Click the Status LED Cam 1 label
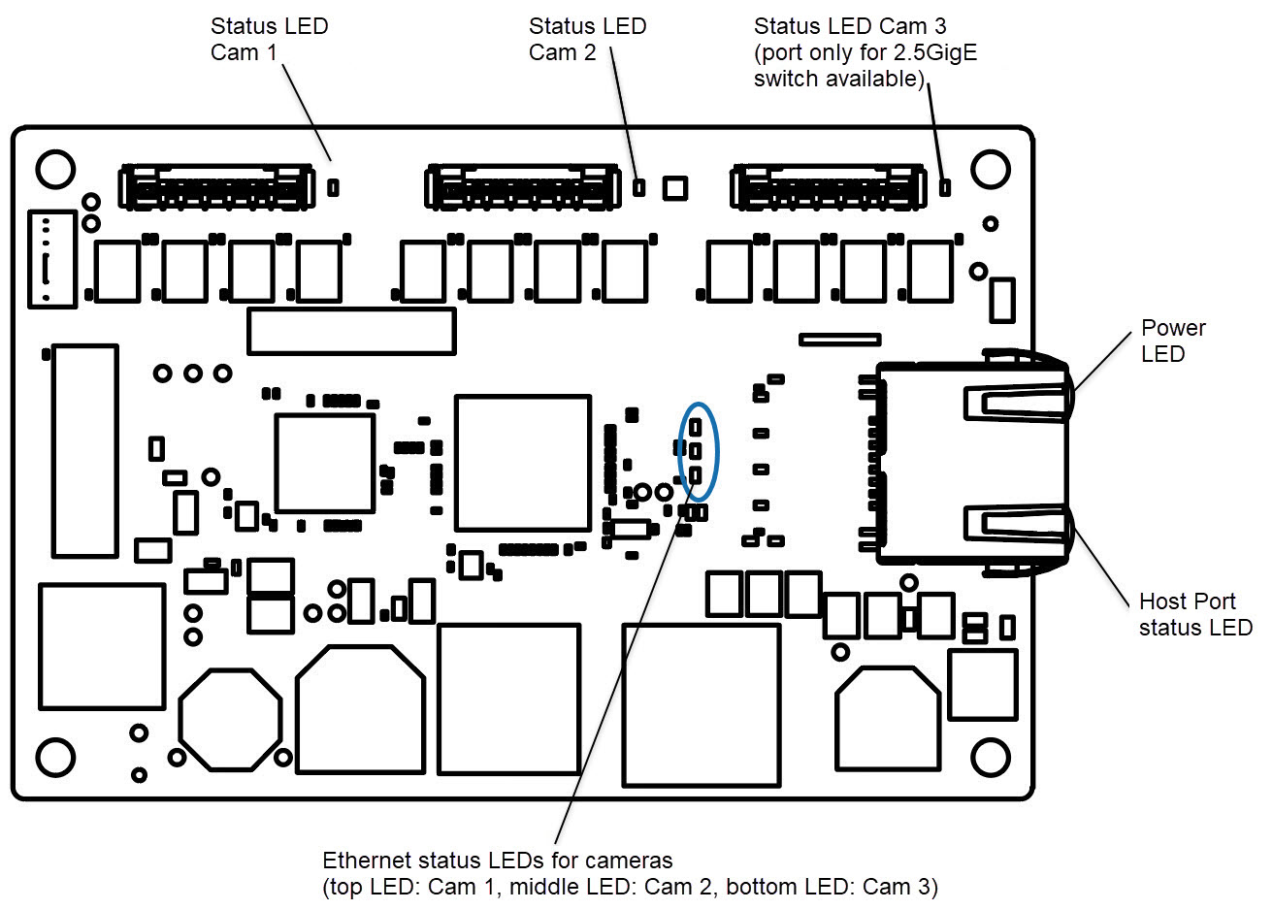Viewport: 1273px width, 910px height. tap(269, 39)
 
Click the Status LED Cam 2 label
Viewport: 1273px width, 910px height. tap(587, 39)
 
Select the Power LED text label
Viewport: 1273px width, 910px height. tap(1172, 341)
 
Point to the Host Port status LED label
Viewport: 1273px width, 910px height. tap(1194, 615)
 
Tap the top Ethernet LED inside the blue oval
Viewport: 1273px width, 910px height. tap(697, 426)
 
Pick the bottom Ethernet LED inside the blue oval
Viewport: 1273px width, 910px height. tap(696, 475)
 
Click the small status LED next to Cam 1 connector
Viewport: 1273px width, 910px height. tap(333, 186)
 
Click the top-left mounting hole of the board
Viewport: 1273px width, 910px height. tap(55, 169)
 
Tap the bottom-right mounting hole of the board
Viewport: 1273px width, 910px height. tap(990, 757)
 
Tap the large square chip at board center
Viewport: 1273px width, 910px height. tap(523, 463)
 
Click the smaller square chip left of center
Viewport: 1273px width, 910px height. tap(325, 463)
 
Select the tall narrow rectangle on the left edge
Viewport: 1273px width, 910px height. tap(85, 451)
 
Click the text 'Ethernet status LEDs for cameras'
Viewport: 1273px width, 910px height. tap(497, 861)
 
